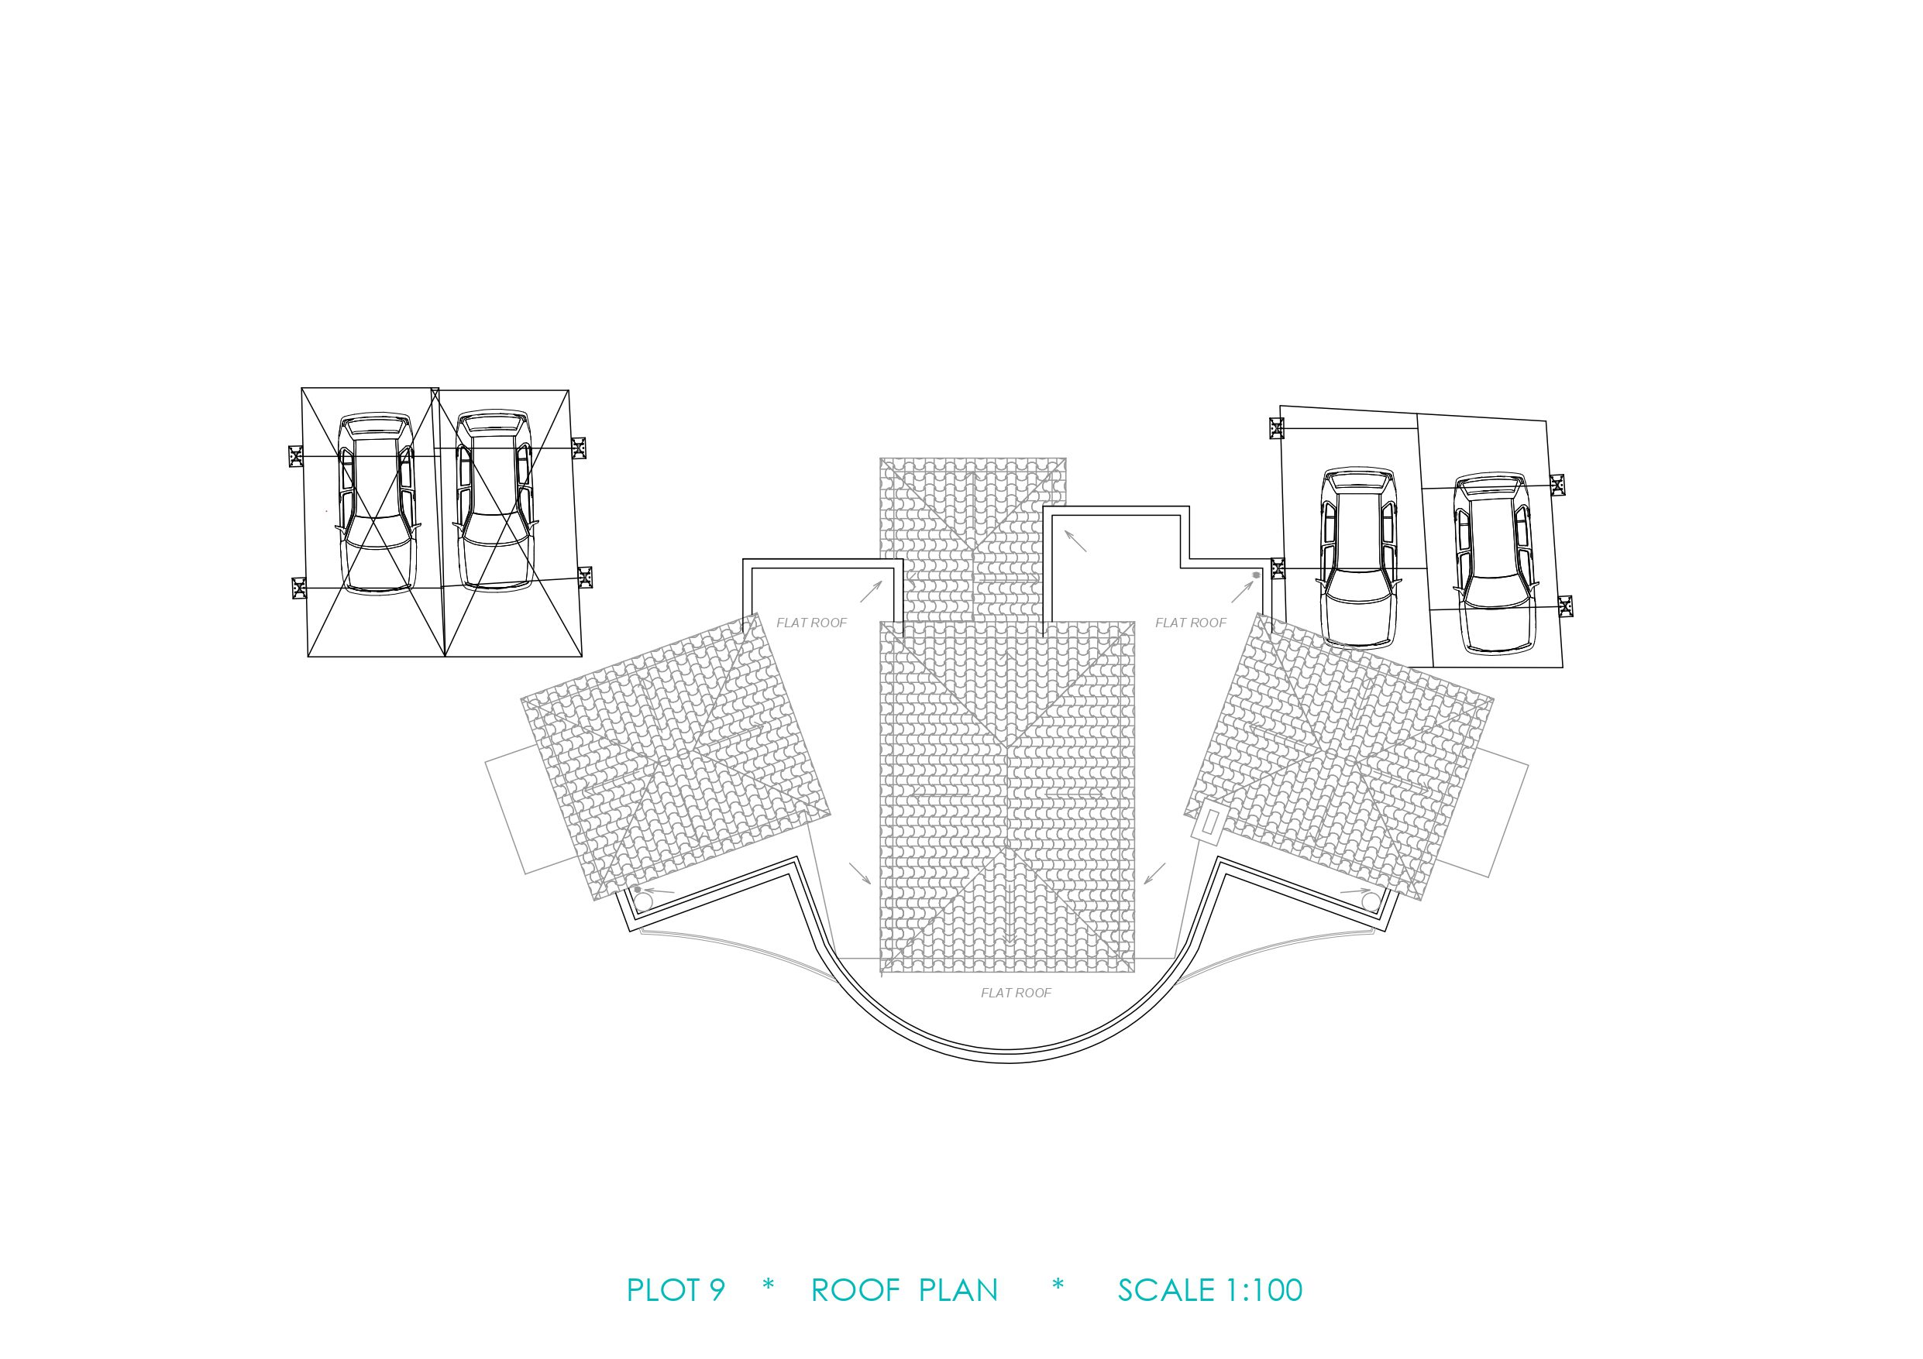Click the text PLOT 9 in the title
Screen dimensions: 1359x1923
click(x=675, y=1290)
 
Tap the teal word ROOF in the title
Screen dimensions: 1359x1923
click(x=855, y=1290)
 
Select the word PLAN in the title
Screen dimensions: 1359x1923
click(x=958, y=1290)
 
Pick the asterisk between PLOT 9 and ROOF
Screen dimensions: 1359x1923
click(x=768, y=1286)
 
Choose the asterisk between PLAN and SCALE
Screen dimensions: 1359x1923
click(x=1058, y=1286)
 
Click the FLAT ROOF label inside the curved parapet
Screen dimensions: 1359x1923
click(x=1016, y=993)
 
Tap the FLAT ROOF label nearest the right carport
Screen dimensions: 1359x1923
click(x=1190, y=623)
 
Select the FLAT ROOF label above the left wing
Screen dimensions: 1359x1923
click(x=811, y=623)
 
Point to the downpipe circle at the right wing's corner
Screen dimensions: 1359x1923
click(x=1371, y=902)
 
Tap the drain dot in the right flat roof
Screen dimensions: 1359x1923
click(x=1255, y=575)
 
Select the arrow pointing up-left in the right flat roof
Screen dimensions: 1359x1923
click(x=1075, y=540)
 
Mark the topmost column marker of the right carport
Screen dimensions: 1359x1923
click(x=1275, y=428)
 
